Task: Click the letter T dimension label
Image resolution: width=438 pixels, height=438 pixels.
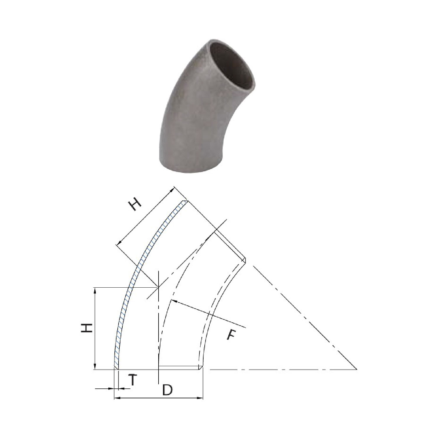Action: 133,380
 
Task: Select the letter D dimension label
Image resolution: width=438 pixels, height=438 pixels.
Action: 167,390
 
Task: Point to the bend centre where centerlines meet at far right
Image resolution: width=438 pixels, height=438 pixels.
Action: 356,369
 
